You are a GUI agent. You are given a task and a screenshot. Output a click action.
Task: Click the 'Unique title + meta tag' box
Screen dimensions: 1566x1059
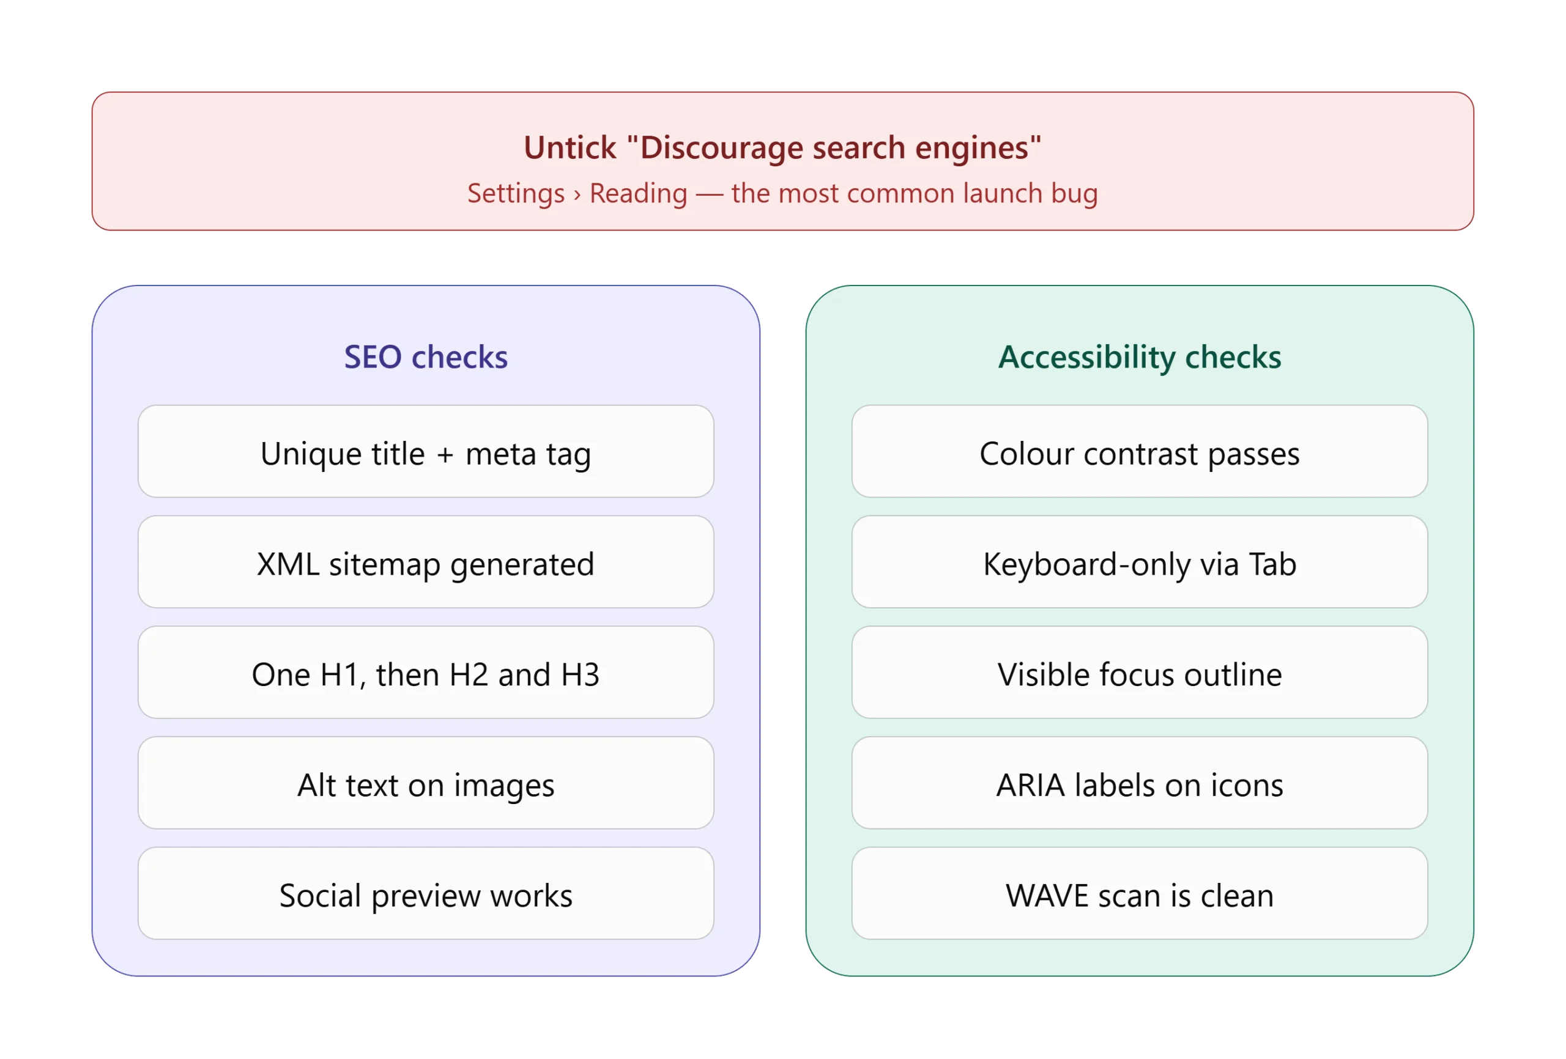426,451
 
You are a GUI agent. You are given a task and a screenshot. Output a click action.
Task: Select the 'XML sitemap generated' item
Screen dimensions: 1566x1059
426,562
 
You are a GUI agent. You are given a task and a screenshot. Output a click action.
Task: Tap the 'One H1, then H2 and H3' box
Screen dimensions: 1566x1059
426,673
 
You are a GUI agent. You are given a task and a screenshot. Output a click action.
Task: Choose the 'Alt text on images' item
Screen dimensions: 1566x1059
426,783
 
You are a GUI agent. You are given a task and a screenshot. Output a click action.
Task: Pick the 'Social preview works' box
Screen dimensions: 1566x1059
426,893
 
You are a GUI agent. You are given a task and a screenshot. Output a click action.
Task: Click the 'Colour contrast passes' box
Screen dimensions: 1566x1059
1140,451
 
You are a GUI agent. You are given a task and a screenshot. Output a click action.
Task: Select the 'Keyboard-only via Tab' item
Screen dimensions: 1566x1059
1140,562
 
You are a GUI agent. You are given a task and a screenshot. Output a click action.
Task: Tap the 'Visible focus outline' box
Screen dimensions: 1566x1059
1140,673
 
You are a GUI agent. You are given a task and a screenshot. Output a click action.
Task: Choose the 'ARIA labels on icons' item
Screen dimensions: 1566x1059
1140,783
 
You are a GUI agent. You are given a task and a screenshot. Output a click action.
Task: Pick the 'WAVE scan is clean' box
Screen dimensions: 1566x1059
1140,893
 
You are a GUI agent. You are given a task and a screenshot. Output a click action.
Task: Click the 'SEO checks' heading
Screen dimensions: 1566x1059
426,357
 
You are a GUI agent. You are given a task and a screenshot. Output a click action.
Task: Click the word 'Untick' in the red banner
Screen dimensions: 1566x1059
570,147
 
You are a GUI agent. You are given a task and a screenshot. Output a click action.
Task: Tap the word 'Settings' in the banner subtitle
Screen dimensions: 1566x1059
516,194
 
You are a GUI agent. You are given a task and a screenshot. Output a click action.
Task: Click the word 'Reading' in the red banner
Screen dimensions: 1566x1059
639,194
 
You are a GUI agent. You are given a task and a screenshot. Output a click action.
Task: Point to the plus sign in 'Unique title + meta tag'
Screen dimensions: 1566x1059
445,455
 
